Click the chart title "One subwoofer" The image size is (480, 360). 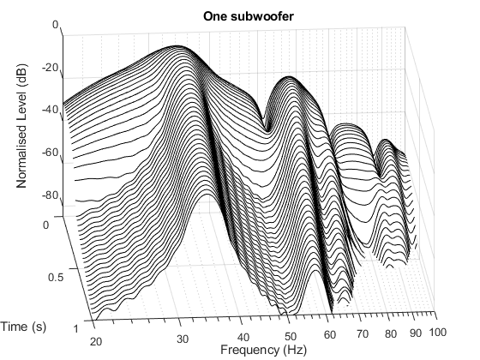point(240,15)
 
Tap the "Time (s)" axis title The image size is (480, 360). point(24,326)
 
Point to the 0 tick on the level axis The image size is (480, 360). point(55,26)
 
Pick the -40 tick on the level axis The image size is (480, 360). point(50,110)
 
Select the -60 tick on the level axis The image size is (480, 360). point(50,153)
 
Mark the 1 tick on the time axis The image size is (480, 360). point(77,328)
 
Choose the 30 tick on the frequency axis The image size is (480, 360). point(182,338)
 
